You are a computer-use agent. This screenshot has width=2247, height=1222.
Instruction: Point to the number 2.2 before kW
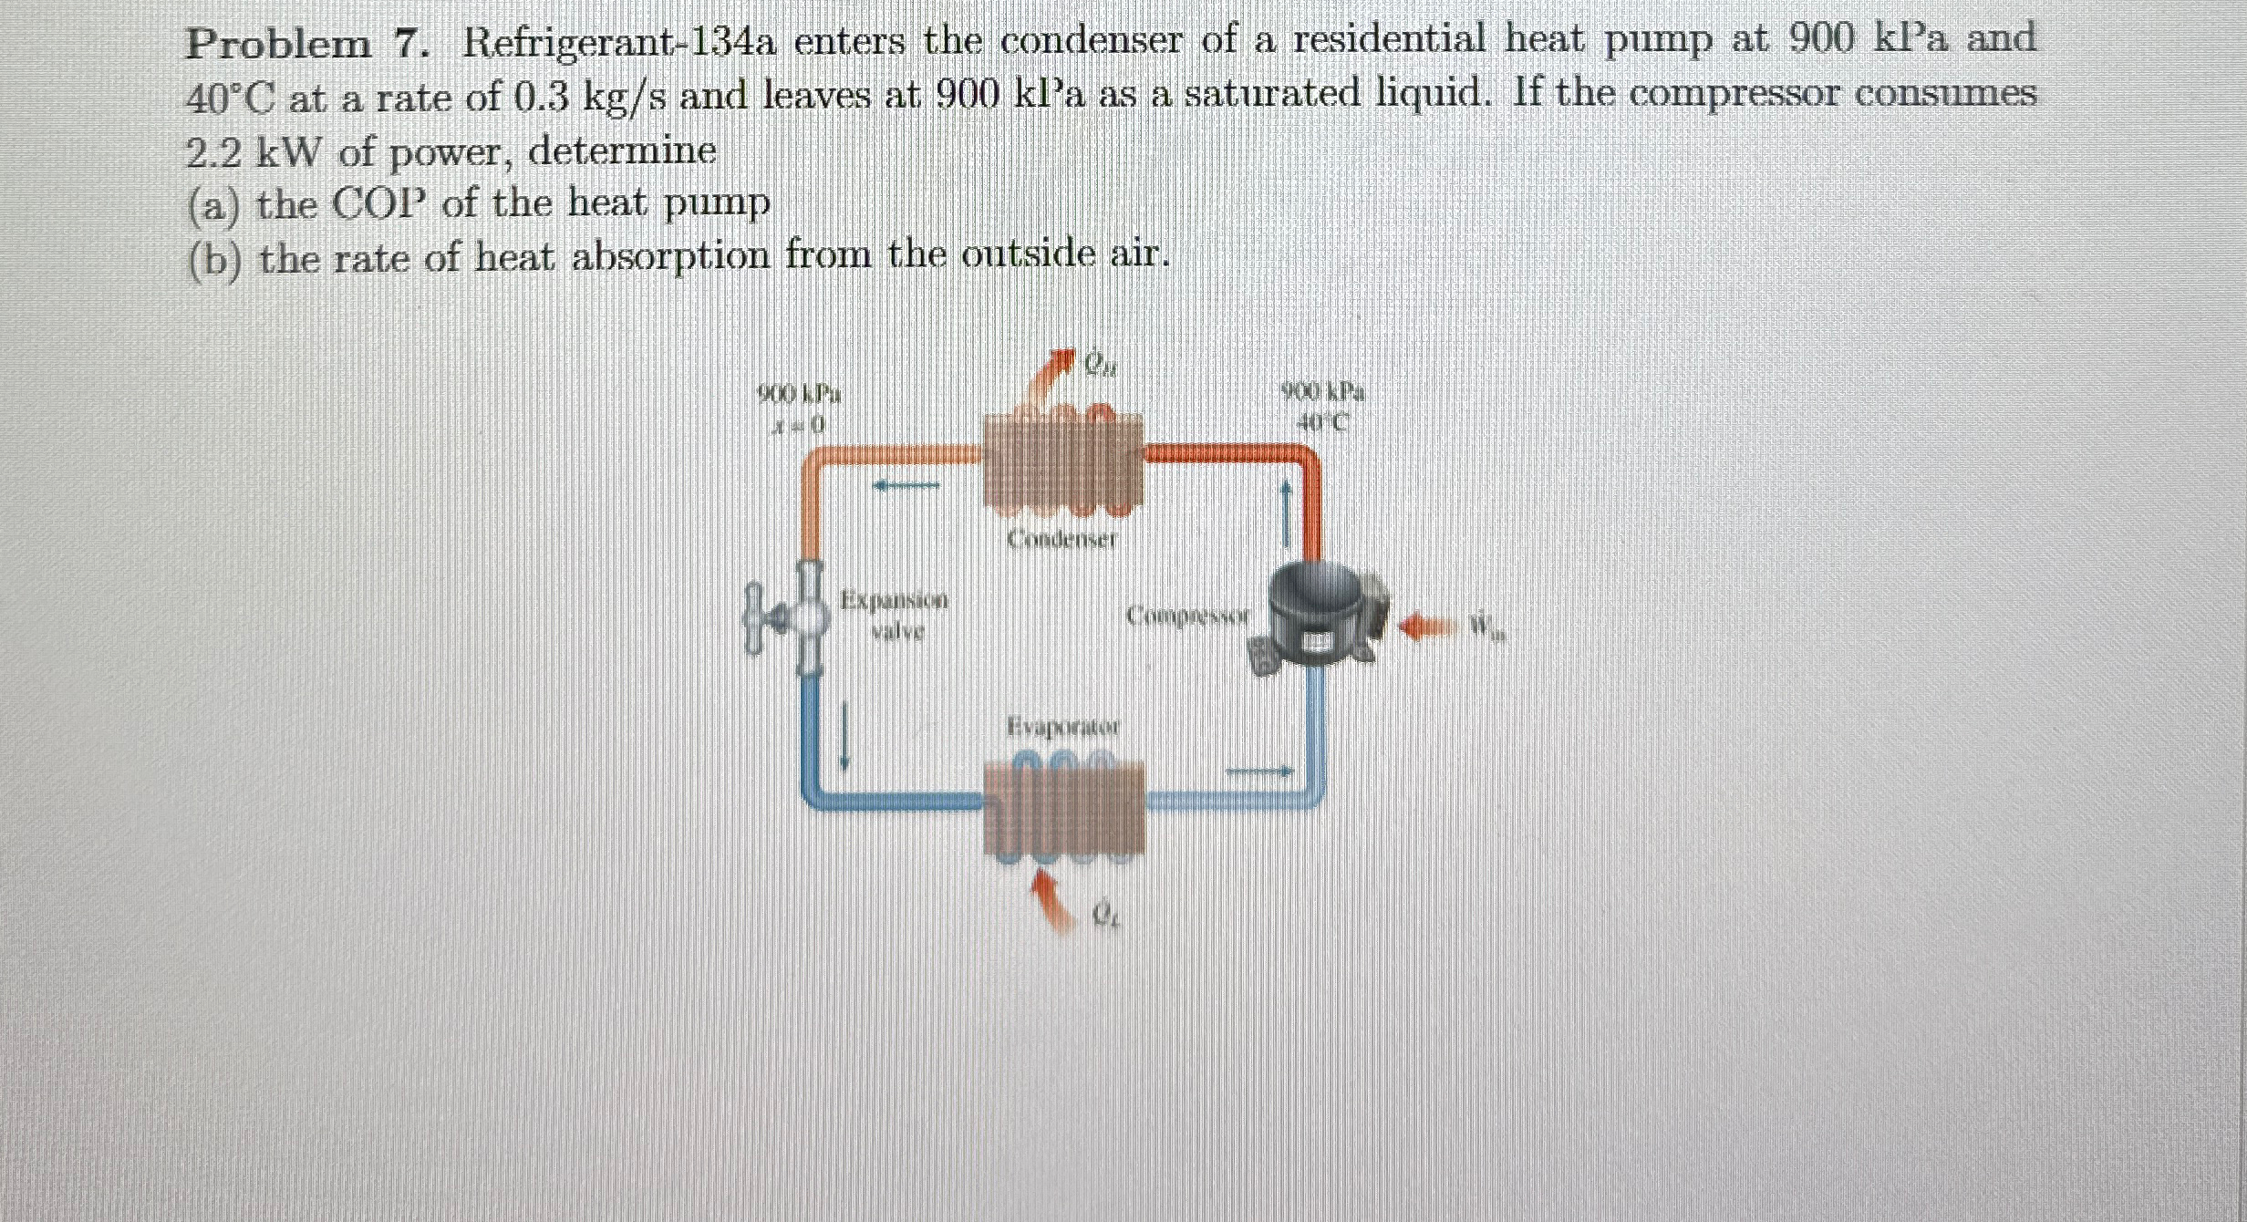point(212,153)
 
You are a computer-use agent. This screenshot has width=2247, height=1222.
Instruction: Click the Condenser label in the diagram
point(1061,540)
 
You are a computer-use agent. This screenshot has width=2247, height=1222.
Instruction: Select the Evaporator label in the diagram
point(1062,727)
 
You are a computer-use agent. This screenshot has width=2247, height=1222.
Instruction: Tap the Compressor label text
point(1186,616)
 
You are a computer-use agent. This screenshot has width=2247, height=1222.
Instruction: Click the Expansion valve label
point(895,615)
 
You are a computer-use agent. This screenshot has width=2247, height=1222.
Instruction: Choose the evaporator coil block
point(1062,807)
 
